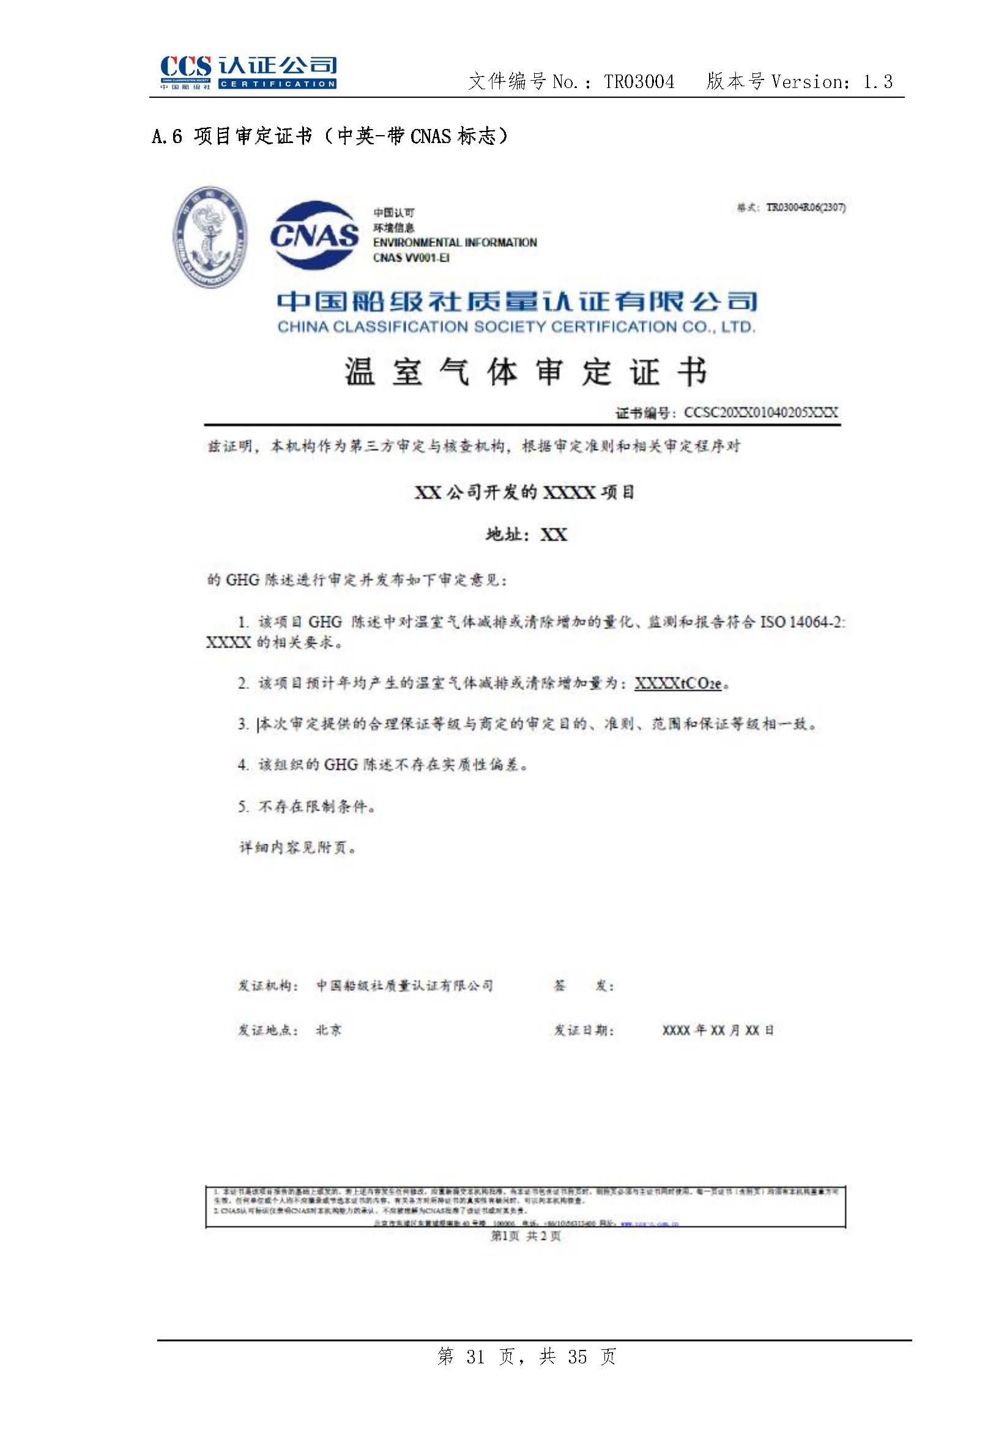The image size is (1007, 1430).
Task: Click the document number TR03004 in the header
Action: (639, 82)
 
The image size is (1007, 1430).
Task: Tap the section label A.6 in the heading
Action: (167, 136)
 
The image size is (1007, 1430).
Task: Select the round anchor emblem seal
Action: (209, 237)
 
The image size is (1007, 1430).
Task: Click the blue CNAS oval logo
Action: (314, 235)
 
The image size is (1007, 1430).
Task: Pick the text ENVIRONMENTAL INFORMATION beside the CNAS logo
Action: (455, 243)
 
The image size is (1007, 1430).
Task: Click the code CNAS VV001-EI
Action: (411, 258)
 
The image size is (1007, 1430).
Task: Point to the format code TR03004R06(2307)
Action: (805, 208)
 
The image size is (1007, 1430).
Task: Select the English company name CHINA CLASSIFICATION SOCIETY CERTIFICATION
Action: (516, 327)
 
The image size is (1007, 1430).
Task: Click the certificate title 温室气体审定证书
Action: (526, 372)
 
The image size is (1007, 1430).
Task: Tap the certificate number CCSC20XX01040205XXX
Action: (760, 413)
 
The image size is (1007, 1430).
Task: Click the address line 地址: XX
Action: (527, 534)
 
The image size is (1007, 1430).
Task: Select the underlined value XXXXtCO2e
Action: (678, 684)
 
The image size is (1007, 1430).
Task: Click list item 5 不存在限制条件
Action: (307, 806)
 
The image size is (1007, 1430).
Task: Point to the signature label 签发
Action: (583, 986)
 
